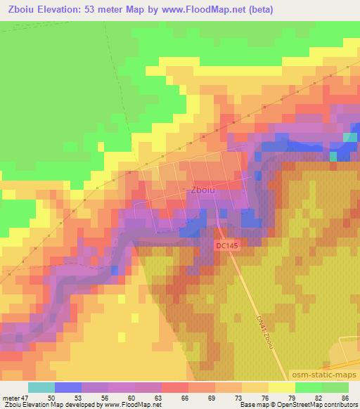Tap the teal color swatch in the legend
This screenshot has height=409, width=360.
[x=42, y=387]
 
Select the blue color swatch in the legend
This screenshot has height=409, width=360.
[x=69, y=387]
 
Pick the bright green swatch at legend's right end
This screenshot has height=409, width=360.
[x=336, y=387]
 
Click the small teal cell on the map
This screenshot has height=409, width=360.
[x=349, y=137]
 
